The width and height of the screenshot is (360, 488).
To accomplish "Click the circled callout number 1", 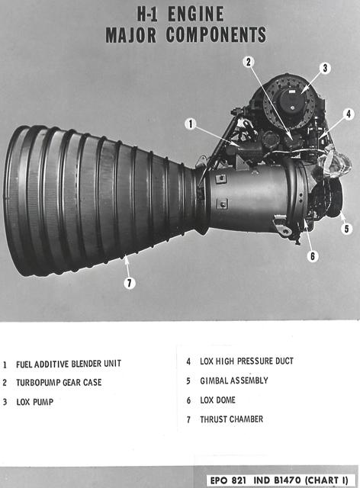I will (x=191, y=124).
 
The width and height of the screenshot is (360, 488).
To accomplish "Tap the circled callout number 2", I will (x=249, y=61).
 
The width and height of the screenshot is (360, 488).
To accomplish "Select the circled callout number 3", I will (x=324, y=68).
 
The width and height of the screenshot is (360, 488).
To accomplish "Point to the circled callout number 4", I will (x=348, y=114).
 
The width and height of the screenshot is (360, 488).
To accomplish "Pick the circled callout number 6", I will (x=313, y=256).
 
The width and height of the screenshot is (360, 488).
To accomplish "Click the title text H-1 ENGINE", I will (x=179, y=14).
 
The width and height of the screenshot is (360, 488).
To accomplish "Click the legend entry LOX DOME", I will (x=217, y=400).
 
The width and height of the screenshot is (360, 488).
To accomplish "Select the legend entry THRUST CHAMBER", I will (x=231, y=419).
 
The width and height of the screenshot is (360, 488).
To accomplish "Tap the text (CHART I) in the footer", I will (x=329, y=480).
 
